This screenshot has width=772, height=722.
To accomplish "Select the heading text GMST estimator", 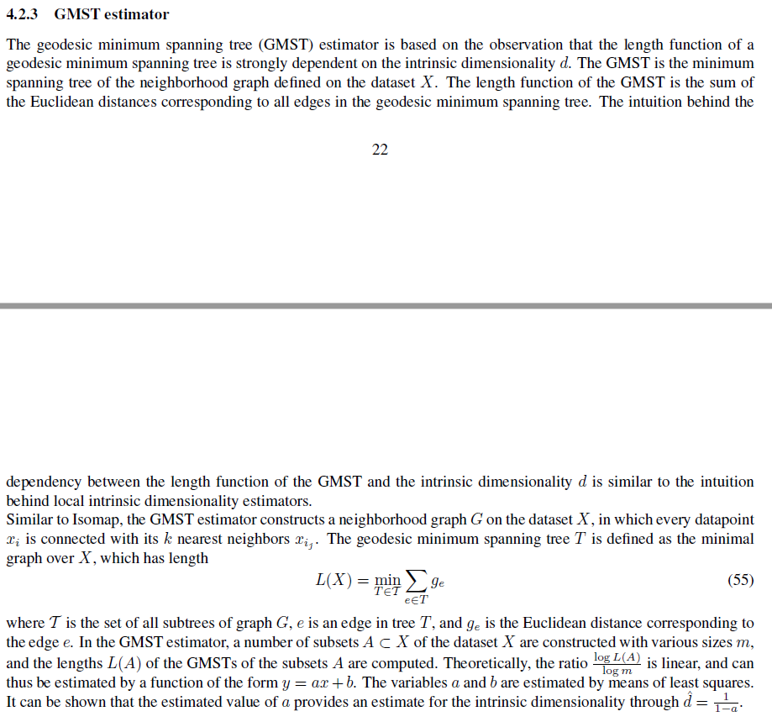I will pos(111,14).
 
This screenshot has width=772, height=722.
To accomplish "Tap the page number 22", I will pos(380,150).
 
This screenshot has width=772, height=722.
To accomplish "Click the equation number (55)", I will pos(740,580).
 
